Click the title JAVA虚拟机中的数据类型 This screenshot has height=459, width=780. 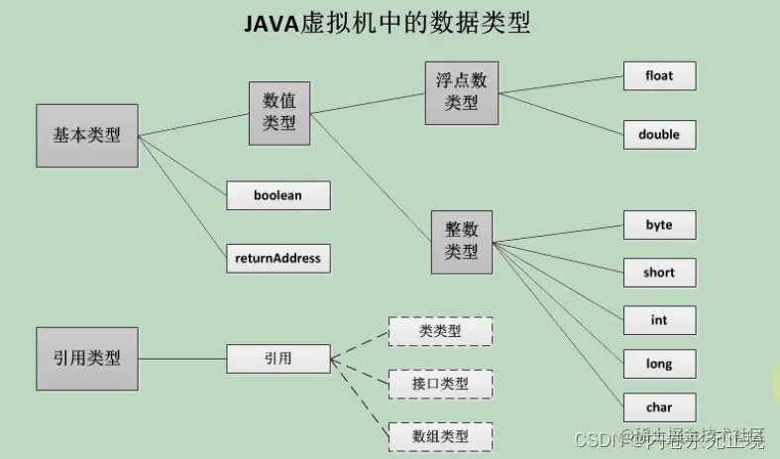pyautogui.click(x=388, y=25)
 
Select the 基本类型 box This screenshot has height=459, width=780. pyautogui.click(x=87, y=135)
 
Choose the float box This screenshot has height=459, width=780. pyautogui.click(x=659, y=75)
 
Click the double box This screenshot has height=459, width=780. pyautogui.click(x=659, y=134)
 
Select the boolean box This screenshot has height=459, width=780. pyautogui.click(x=278, y=195)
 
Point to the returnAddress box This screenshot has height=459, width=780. pyautogui.click(x=278, y=258)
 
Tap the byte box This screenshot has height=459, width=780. pyautogui.click(x=659, y=225)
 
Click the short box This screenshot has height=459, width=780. pyautogui.click(x=659, y=273)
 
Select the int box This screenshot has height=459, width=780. pyautogui.click(x=659, y=320)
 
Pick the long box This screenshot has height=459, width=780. pyautogui.click(x=659, y=364)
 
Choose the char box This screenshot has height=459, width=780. pyautogui.click(x=659, y=406)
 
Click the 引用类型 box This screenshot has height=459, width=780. pyautogui.click(x=87, y=358)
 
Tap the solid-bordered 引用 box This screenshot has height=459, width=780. pyautogui.click(x=278, y=358)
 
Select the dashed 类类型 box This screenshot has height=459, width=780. pyautogui.click(x=439, y=331)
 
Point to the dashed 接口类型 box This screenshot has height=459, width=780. pyautogui.click(x=439, y=382)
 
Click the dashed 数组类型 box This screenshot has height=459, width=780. pyautogui.click(x=439, y=435)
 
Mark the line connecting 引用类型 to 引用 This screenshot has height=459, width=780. pyautogui.click(x=182, y=358)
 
